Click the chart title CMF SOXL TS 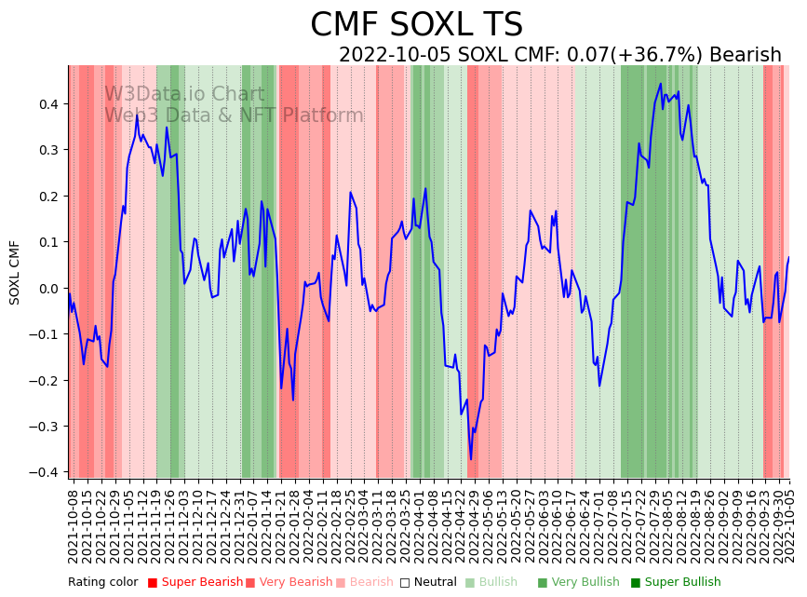[x=416, y=25]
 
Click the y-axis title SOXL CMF [x=15, y=272]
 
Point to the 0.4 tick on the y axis [x=47, y=103]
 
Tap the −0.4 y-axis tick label [x=45, y=472]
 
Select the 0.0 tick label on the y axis [x=47, y=288]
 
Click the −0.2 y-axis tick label [x=45, y=380]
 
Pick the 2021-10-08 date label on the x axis [x=73, y=527]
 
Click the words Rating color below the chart [x=102, y=583]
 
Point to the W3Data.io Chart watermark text [x=184, y=95]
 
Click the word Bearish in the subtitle [x=745, y=55]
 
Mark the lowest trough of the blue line [x=471, y=459]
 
